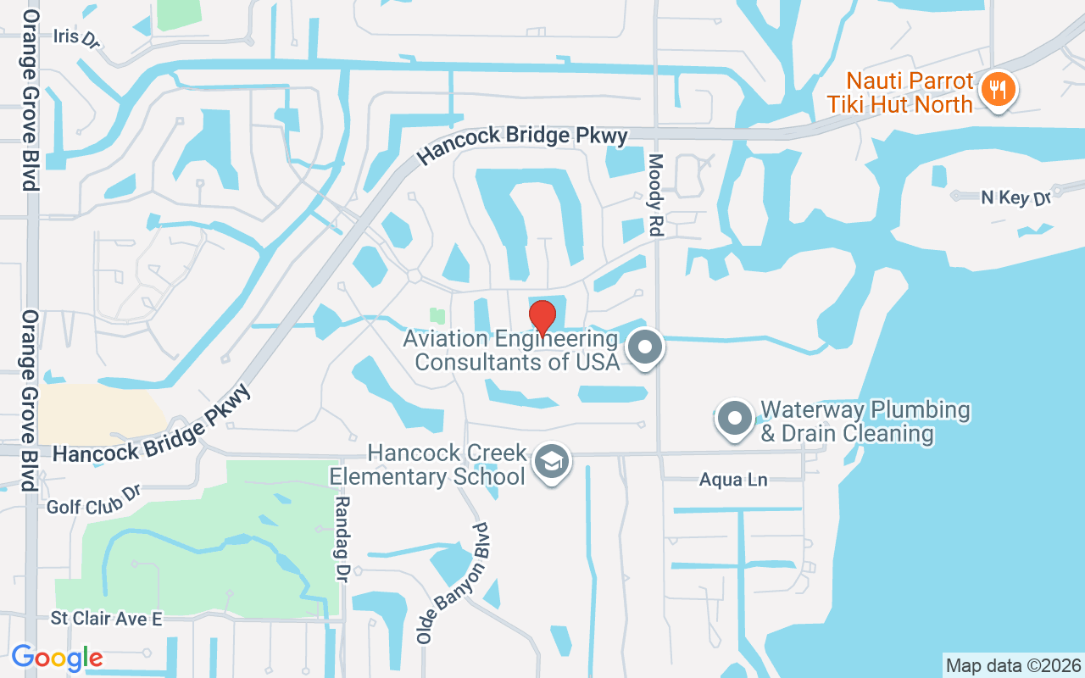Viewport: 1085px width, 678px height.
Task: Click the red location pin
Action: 542,315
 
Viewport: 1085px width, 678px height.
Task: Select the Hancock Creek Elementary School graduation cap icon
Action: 553,463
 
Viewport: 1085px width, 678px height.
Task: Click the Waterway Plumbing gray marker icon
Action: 734,419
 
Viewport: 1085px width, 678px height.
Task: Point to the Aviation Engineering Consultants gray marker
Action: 645,347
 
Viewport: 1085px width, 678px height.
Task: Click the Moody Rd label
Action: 657,194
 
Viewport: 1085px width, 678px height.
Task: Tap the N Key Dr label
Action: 1015,197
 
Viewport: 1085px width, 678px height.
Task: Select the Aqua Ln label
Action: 733,480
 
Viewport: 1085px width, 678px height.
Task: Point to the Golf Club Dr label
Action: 92,501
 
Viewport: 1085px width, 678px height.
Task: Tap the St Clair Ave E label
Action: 106,619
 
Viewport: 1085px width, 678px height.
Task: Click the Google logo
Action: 57,658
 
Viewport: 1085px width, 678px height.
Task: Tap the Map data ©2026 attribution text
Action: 1013,665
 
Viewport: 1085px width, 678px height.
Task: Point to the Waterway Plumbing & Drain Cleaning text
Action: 865,421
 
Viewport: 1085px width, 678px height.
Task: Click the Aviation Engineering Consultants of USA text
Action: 510,350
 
